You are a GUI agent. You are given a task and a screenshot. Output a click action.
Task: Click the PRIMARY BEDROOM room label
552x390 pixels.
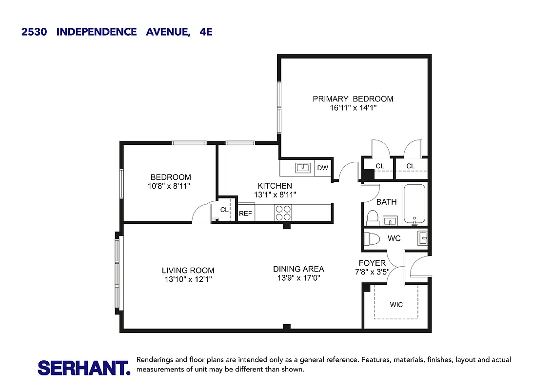point(353,99)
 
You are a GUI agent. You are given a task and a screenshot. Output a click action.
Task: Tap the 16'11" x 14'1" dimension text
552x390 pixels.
point(353,108)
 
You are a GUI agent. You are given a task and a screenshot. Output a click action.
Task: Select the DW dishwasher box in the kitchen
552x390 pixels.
point(322,168)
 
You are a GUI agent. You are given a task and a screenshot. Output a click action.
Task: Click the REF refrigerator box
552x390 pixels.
point(245,214)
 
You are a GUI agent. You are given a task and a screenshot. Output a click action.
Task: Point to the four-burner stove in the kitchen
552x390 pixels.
point(283,213)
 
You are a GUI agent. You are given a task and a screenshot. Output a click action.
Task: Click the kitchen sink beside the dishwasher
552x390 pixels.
point(303,168)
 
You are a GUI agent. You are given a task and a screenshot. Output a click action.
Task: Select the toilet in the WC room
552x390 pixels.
point(373,239)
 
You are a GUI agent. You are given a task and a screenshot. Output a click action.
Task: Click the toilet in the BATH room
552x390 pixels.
point(373,216)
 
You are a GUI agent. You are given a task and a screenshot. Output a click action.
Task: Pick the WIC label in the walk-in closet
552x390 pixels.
point(396,305)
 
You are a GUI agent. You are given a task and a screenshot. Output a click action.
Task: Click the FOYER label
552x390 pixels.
point(372,263)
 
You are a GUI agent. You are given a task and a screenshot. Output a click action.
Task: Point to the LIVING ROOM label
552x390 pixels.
point(188,271)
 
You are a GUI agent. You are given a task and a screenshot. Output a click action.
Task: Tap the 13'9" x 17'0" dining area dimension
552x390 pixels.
point(298,278)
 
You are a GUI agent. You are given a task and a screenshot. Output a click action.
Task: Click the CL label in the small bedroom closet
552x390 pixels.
point(224,210)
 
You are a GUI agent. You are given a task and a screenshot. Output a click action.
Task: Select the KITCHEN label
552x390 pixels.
point(275,186)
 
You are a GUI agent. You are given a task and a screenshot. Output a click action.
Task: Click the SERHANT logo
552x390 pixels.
point(84,368)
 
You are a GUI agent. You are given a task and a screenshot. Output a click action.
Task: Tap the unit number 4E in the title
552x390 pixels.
point(206,32)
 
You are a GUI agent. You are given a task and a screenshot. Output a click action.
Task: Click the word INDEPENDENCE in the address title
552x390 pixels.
point(97,32)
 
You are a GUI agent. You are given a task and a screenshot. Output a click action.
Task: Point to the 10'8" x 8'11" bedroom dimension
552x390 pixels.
point(170,186)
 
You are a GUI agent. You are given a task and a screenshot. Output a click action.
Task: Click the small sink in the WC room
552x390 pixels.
point(422,238)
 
